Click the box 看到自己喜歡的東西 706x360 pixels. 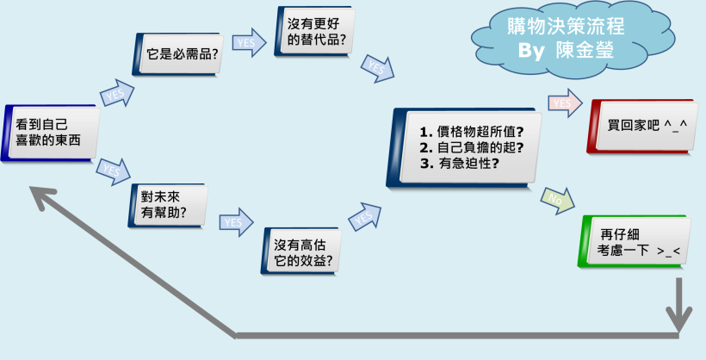click(50, 132)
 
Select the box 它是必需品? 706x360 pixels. click(180, 53)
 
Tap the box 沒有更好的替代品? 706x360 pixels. click(318, 33)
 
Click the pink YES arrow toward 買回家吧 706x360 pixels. click(562, 103)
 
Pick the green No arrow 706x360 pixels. click(556, 201)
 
